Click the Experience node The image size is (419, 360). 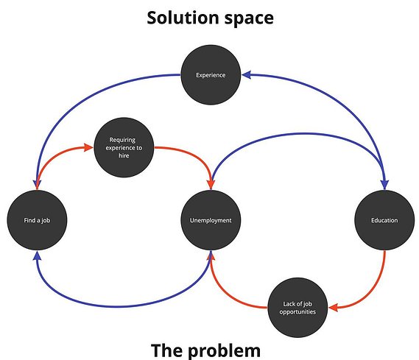(211, 75)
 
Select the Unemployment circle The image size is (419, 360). (211, 220)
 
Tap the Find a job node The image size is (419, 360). (37, 220)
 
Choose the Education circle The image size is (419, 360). (384, 220)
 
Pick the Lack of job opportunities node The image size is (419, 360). (297, 308)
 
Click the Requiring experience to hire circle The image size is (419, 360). (124, 147)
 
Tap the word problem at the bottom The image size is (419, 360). (225, 350)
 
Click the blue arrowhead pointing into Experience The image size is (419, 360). (246, 75)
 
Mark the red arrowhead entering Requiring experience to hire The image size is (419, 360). (88, 147)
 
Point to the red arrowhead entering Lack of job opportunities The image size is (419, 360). (334, 308)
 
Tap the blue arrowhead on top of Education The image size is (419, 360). (384, 185)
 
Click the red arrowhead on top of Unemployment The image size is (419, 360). (211, 185)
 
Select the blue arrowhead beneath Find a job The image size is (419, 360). (37, 255)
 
